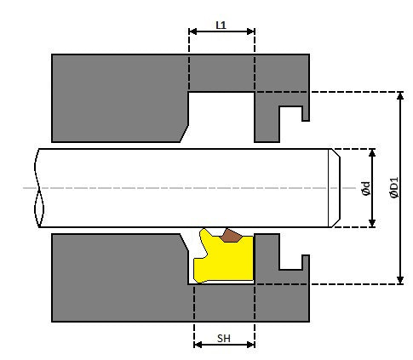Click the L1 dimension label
221,26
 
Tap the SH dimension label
224,338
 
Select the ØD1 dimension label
394,187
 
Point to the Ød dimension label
366,189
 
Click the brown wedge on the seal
231,236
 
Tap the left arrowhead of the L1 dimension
192,31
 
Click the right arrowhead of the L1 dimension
251,31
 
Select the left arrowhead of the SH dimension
198,345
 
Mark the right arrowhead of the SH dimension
251,345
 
